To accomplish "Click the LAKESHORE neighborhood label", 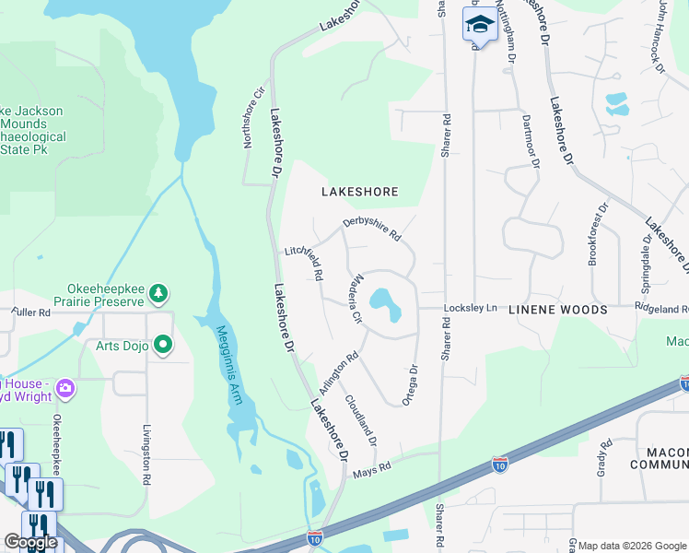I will click(x=359, y=192).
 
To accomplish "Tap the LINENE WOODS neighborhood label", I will click(x=557, y=311).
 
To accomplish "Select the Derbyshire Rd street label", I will click(x=372, y=229).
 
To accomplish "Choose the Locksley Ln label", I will click(x=470, y=307).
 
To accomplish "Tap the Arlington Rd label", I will click(x=339, y=370).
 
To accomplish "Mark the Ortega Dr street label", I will click(x=410, y=384).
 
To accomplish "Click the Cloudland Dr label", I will click(x=361, y=421).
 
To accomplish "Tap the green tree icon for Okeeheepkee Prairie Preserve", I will click(x=160, y=293).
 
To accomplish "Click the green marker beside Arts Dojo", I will click(x=164, y=346).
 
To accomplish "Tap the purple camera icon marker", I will click(x=64, y=388).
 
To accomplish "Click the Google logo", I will click(x=30, y=543).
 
